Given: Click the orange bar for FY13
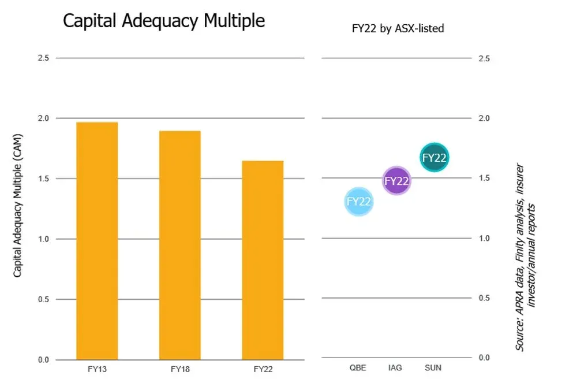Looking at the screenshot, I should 97,240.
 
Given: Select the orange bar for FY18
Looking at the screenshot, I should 179,245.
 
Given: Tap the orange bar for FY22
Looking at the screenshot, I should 263,260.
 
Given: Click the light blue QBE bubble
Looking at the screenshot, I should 359,202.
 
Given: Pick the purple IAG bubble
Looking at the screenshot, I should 396,180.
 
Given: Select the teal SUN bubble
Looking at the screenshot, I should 434,157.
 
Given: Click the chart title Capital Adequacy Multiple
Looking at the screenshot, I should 164,21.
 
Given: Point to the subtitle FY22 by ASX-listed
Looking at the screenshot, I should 398,28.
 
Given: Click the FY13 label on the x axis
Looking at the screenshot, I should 97,368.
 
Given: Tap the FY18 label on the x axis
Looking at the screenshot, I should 179,368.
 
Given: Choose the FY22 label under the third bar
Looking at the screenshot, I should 263,368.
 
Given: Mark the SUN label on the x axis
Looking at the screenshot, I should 433,367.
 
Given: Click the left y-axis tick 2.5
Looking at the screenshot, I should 44,58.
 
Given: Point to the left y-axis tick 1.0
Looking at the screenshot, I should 44,239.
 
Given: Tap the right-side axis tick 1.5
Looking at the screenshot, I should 485,178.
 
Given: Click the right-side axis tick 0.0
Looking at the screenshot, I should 485,358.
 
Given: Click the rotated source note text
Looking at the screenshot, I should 525,256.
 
